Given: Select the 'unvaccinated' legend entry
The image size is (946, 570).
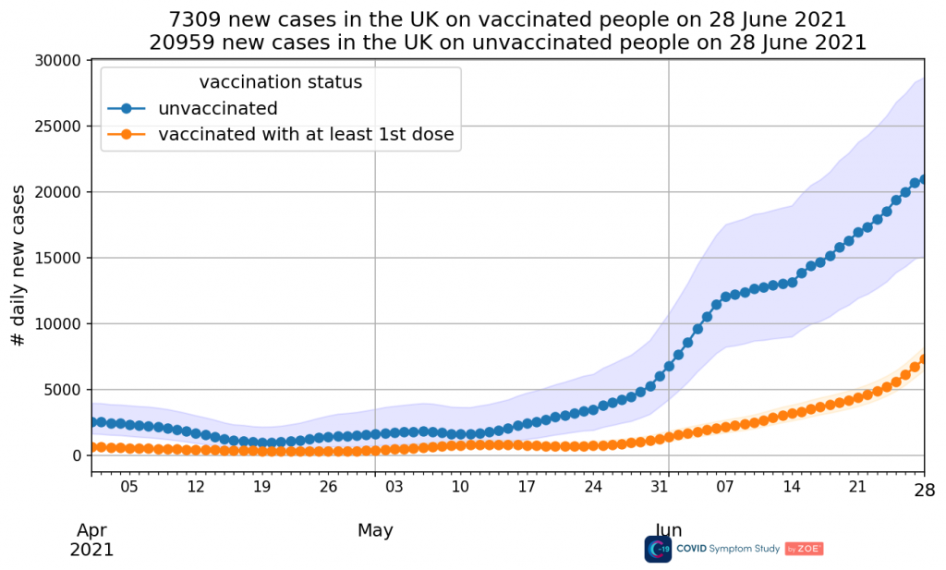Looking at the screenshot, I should point(217,108).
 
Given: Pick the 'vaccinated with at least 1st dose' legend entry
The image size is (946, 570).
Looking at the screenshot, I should point(306,135).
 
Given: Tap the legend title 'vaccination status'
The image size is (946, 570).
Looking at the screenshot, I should point(280,82).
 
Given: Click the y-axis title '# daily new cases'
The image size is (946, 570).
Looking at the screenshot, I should point(18,264).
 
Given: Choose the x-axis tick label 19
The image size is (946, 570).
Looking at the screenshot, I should point(261,486).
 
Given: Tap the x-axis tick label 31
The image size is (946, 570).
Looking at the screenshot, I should point(659,486).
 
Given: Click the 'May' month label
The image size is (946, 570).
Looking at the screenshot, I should point(375,530).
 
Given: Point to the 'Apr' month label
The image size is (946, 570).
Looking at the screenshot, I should point(91,530).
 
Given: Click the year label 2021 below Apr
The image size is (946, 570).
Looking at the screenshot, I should point(91,550).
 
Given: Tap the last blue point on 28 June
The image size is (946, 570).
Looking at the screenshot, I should point(924,179).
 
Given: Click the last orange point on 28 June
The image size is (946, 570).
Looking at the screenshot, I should point(924,359).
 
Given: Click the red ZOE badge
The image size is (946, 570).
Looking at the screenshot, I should point(804,549).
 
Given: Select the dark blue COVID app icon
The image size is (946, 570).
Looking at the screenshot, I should point(658,549).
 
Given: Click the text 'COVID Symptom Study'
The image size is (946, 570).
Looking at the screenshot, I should point(728,549).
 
